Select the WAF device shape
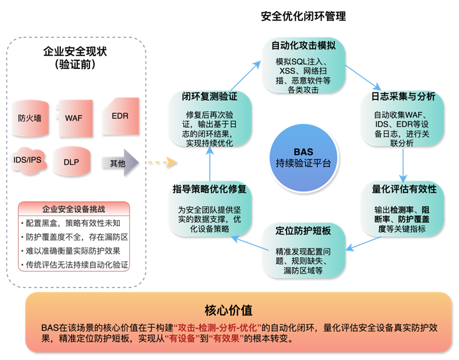(74, 117)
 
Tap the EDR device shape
(120, 116)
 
